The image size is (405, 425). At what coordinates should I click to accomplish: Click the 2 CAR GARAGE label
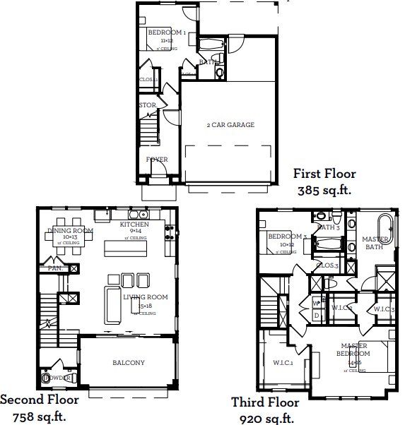230,125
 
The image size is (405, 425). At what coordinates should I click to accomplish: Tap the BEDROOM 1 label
167,32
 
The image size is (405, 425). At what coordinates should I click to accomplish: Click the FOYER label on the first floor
157,160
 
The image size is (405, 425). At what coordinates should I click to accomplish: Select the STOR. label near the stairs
147,105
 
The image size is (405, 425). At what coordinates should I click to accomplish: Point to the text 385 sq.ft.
325,189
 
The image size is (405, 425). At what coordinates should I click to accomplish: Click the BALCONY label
128,363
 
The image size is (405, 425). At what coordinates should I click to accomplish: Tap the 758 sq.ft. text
38,415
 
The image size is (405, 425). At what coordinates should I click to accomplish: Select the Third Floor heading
265,402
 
